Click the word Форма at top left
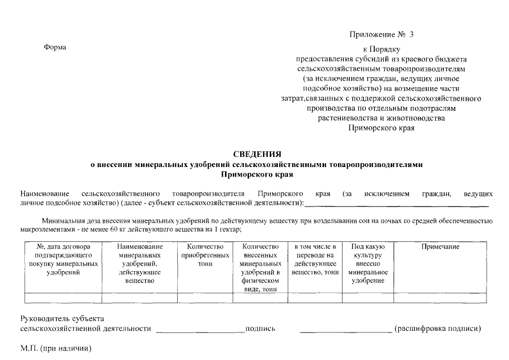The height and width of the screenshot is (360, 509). coord(55,47)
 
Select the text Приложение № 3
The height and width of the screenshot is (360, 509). coord(381,35)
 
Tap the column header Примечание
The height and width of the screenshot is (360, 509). coord(440,247)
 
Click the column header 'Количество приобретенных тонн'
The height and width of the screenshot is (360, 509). coord(205,255)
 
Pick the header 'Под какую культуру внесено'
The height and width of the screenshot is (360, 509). coord(368,263)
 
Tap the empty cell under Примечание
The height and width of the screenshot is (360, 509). coord(440,298)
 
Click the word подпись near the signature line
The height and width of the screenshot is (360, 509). coord(260,328)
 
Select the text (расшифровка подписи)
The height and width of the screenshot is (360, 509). coord(438,328)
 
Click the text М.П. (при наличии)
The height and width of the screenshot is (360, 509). coord(56,348)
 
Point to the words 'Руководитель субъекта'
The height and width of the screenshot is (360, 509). coord(62,319)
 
